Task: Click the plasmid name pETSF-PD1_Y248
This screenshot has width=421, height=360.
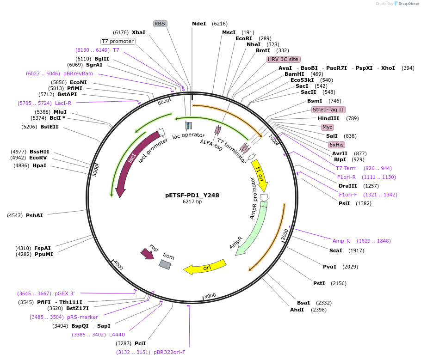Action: tap(192, 195)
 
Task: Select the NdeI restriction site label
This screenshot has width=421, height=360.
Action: tap(199, 24)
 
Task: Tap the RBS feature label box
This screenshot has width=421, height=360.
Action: tap(160, 24)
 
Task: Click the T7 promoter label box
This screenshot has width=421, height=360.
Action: tap(118, 41)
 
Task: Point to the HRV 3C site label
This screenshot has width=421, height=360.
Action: tap(283, 59)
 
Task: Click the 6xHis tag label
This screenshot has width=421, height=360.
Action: tap(336, 145)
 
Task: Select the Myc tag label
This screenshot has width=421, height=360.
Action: tap(327, 127)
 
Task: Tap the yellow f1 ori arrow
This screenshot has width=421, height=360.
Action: tap(260, 175)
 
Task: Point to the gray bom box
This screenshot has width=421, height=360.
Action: tap(165, 264)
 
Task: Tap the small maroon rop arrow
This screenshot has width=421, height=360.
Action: tap(147, 254)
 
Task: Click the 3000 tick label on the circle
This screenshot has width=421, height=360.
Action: tap(210, 296)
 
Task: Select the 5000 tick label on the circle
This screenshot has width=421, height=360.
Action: tap(96, 171)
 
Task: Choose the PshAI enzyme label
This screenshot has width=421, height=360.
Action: tap(34, 215)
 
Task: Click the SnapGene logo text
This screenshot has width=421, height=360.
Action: tap(408, 4)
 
